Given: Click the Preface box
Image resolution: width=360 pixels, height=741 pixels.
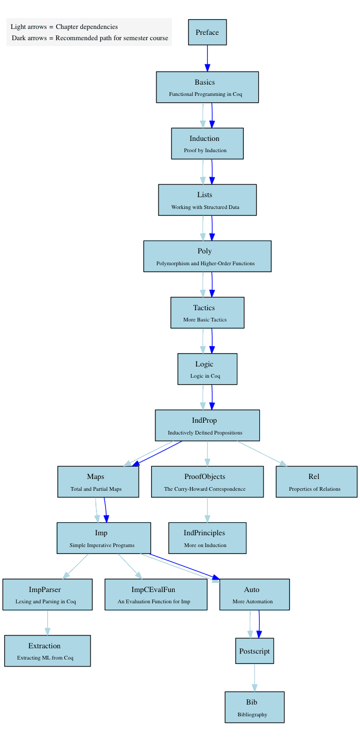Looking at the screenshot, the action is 207,32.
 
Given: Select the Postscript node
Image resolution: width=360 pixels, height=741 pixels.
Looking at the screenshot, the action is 254,650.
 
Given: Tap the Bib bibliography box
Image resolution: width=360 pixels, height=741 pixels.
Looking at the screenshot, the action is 254,707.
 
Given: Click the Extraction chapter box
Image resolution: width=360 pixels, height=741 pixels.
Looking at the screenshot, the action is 48,650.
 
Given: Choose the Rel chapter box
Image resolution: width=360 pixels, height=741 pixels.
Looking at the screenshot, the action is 317,482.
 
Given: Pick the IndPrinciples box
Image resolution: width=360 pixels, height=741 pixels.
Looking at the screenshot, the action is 207,538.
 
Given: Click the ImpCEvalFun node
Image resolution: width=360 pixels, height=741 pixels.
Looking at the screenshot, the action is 156,594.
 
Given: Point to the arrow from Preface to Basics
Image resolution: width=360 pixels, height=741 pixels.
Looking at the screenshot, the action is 207,58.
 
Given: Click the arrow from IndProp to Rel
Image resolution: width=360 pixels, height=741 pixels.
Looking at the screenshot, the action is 262,453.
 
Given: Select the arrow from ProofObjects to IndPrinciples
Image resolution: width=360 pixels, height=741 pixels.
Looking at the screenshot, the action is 207,510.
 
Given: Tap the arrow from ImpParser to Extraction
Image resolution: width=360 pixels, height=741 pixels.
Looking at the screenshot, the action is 48,623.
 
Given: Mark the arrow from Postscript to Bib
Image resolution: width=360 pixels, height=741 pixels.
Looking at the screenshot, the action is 254,677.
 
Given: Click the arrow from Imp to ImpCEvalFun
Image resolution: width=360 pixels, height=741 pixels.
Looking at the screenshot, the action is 130,566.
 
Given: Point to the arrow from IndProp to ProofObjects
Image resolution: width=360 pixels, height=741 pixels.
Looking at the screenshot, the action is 207,453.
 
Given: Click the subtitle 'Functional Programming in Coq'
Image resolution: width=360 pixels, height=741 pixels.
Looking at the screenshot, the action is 206,94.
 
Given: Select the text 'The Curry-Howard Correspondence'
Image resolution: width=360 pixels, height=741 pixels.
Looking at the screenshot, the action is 205,489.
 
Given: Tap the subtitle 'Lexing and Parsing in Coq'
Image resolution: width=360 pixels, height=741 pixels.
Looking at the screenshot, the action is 46,601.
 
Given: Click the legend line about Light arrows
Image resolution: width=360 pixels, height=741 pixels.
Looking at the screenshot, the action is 64,26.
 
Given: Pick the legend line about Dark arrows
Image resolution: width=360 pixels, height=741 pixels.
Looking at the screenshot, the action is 90,38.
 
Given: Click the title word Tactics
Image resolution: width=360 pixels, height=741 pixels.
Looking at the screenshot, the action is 204,308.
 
